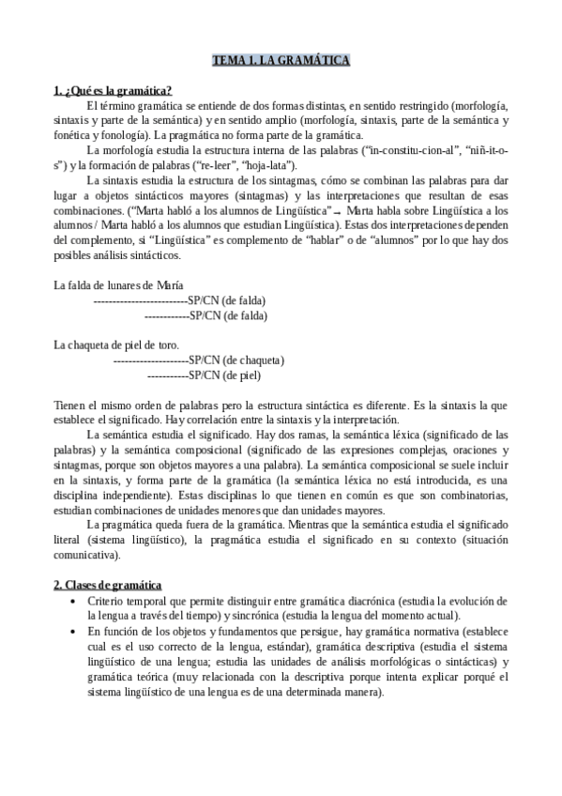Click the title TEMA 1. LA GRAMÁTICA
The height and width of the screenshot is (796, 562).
281,61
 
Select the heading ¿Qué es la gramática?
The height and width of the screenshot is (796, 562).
112,91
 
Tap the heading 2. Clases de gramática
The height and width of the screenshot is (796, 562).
108,584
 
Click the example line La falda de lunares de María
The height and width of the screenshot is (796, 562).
118,285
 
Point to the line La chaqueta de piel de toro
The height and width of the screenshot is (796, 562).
116,344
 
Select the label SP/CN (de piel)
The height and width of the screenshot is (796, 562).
225,375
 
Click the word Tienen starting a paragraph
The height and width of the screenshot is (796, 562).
70,406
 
